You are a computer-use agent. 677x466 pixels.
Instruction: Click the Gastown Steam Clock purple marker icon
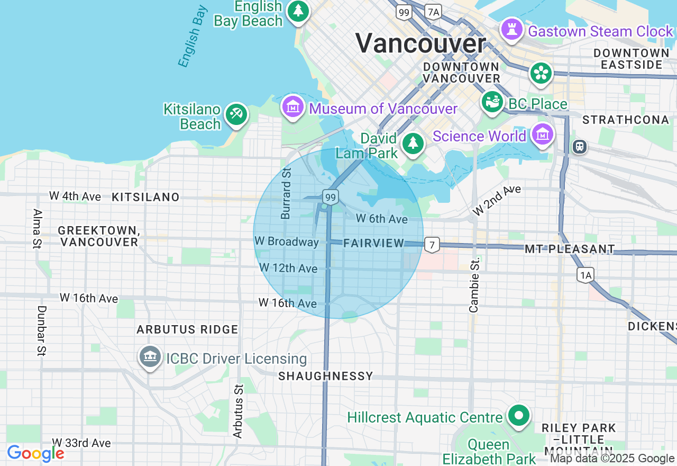pos(511,29)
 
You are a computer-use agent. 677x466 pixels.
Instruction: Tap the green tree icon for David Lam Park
pos(413,143)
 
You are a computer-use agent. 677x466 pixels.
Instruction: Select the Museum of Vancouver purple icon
pos(292,106)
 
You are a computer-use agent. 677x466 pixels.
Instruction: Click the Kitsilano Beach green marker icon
pos(236,114)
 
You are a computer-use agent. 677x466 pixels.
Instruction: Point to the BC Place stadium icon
pos(492,102)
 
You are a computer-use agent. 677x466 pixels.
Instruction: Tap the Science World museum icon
pos(543,135)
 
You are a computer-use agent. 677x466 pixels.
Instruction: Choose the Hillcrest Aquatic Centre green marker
pos(519,416)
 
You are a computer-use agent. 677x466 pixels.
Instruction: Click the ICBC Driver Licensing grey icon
pos(150,357)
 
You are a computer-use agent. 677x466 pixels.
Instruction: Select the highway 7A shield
pos(433,12)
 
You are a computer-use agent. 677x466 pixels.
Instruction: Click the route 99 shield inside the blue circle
pos(331,198)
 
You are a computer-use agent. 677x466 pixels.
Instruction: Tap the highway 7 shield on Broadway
pos(432,245)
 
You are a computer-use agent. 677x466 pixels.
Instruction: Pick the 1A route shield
pos(585,275)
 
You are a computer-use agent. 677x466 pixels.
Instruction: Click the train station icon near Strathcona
pos(580,147)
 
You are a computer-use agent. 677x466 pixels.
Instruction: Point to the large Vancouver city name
pos(420,43)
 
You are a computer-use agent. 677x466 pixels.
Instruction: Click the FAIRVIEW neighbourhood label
pos(373,243)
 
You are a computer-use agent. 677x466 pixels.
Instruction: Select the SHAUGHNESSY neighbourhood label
pos(326,376)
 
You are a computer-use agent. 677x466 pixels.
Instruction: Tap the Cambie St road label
pos(474,284)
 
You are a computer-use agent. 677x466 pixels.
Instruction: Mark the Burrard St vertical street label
pos(286,193)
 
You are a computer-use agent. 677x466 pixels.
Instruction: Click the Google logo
pos(35,453)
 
